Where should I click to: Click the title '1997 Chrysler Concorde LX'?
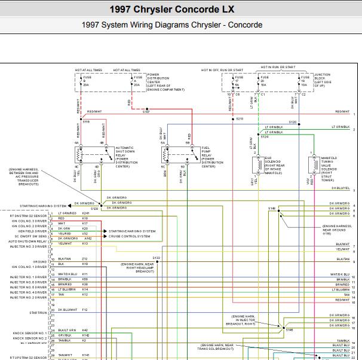pos(180,10)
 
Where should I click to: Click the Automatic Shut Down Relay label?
pos(125,157)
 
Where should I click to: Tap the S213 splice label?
pos(240,120)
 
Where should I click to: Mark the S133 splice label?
pos(156,258)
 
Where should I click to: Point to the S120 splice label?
pos(292,123)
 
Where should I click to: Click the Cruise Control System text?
pos(130,236)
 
